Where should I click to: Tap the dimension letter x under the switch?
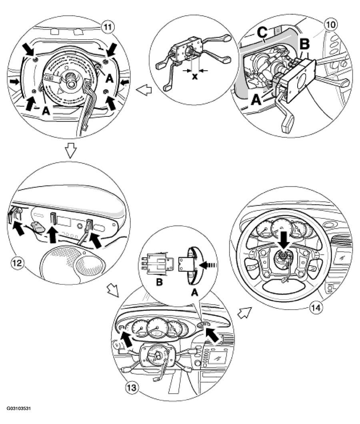point(195,76)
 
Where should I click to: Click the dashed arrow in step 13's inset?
point(208,264)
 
